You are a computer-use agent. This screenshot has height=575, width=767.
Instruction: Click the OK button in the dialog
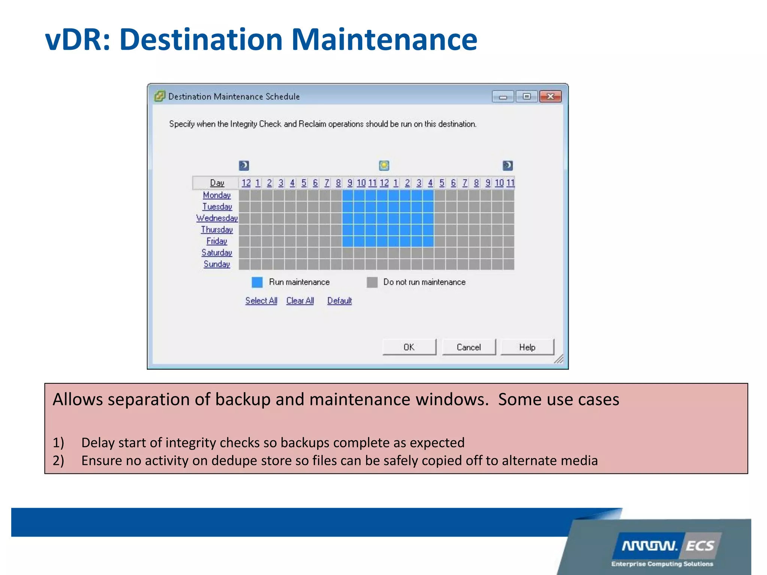(x=409, y=347)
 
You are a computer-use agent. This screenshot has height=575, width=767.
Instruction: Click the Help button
(x=527, y=347)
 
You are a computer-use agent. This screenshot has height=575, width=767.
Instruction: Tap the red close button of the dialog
(x=550, y=97)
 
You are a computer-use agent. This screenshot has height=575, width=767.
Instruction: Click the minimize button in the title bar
(x=503, y=97)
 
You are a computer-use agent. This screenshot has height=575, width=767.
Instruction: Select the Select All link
(x=261, y=301)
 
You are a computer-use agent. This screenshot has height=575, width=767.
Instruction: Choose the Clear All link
(x=300, y=301)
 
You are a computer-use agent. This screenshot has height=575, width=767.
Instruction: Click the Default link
(x=339, y=301)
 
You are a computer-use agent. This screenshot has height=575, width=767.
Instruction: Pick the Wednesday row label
(x=217, y=218)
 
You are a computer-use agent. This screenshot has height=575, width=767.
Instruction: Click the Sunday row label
(x=216, y=264)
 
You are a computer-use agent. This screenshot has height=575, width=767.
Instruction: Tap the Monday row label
(x=216, y=195)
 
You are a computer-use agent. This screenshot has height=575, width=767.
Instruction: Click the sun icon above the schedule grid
(x=384, y=165)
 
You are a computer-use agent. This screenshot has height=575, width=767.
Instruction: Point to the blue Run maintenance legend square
(x=257, y=282)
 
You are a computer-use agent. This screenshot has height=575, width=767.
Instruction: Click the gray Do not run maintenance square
(x=372, y=282)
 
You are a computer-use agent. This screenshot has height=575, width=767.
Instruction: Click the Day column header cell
(x=217, y=183)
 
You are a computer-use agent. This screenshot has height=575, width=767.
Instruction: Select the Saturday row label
(x=216, y=253)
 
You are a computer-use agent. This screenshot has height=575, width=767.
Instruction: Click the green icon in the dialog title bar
(x=160, y=96)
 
